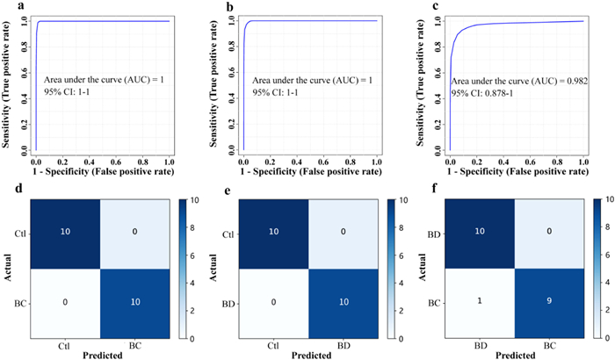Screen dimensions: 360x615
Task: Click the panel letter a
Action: (x=7, y=9)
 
